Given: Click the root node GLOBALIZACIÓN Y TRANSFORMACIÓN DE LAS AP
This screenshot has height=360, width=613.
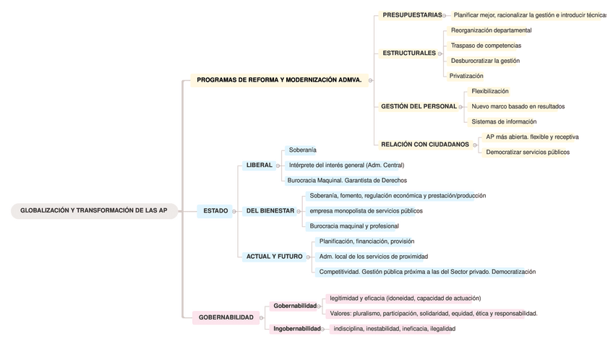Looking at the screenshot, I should click(x=94, y=210).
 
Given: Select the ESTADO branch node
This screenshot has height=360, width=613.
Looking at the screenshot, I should click(x=215, y=211).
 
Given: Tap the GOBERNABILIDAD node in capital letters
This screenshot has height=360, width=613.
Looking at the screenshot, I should click(x=226, y=317).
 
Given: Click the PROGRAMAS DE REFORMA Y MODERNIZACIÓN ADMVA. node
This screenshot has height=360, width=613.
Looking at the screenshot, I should click(x=279, y=80).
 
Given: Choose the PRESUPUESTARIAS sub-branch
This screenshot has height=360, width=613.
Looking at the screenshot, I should click(x=412, y=15).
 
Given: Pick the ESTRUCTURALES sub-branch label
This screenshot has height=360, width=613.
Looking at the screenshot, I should click(x=409, y=53).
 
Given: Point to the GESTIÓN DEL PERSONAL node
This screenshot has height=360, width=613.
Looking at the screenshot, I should click(x=419, y=106).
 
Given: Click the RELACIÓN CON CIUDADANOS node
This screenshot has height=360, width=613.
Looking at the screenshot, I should click(x=425, y=145).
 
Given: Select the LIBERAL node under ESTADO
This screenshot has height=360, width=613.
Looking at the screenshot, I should click(x=259, y=165).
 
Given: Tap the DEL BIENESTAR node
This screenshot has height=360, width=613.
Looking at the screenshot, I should click(x=270, y=211).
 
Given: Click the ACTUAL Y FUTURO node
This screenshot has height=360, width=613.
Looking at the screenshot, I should click(x=274, y=257).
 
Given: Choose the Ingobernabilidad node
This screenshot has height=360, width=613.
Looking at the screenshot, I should click(x=296, y=329).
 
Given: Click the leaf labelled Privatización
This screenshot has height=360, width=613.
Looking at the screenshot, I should click(x=466, y=76).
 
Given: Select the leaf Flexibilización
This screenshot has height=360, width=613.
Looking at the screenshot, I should click(x=490, y=91).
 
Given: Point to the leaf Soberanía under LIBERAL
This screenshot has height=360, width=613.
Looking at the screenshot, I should click(x=302, y=150).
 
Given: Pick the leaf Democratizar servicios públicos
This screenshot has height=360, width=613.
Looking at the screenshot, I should click(x=528, y=152).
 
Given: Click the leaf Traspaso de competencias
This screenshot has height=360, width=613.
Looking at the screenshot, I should click(x=485, y=46).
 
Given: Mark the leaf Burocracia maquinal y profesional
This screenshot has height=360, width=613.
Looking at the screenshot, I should click(x=354, y=226).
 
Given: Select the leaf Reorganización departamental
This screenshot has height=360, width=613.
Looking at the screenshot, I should click(x=491, y=30).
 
